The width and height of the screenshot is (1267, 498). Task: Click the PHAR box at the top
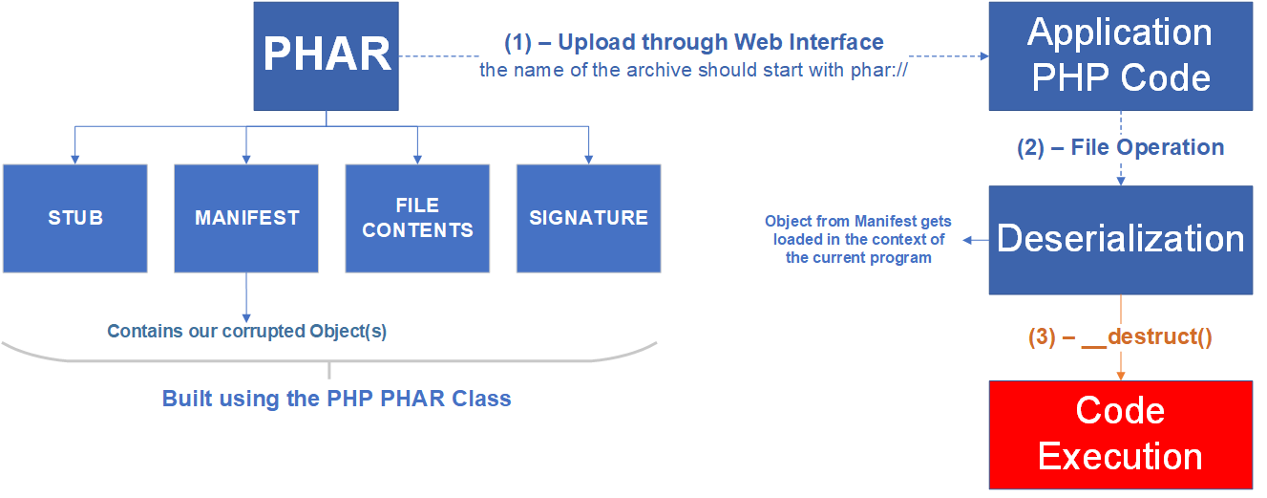326,55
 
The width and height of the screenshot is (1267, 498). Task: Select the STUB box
74,218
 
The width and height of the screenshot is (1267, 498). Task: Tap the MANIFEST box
246,218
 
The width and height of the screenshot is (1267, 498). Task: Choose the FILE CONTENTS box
417,218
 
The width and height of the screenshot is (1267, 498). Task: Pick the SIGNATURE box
588,218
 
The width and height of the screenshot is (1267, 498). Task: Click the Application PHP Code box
1120,55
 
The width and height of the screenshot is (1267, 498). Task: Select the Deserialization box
1120,239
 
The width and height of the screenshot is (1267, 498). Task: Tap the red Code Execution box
1120,434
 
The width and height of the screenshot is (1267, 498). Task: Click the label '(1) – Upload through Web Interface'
693,42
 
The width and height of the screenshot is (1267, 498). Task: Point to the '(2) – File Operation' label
1120,147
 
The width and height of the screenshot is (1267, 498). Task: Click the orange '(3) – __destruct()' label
1120,336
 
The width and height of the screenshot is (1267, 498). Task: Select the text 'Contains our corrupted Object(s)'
246,332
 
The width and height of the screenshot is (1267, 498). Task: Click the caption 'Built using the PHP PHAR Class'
336,399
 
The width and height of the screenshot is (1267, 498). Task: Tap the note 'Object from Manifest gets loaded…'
856,239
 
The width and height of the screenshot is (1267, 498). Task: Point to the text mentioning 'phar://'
693,70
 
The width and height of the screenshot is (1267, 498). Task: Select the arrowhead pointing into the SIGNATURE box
588,159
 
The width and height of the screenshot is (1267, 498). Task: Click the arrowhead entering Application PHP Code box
982,56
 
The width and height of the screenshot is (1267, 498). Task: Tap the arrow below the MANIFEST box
246,296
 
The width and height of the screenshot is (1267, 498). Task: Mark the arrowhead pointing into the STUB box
74,159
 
